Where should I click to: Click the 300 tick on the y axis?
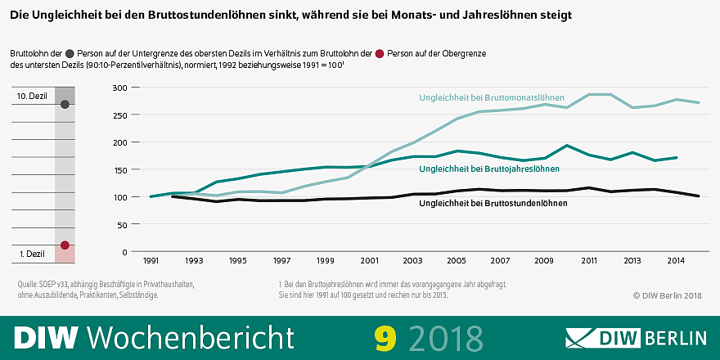[x=119, y=88]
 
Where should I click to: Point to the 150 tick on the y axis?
[x=119, y=169]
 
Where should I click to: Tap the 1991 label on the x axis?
[x=151, y=260]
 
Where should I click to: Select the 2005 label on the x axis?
[x=456, y=260]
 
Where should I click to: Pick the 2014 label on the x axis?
[x=674, y=260]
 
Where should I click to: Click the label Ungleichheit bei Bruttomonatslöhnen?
[x=492, y=98]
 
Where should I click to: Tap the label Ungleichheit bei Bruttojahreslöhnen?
[x=488, y=169]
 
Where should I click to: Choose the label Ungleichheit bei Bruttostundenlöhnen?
[x=488, y=202]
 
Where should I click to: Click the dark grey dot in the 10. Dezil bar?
[x=65, y=105]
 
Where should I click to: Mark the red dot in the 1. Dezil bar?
[x=65, y=245]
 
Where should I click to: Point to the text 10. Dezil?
[x=33, y=96]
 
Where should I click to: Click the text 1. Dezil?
[x=33, y=254]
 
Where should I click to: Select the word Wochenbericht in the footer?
[x=190, y=336]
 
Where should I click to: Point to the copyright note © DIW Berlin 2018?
[x=668, y=295]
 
